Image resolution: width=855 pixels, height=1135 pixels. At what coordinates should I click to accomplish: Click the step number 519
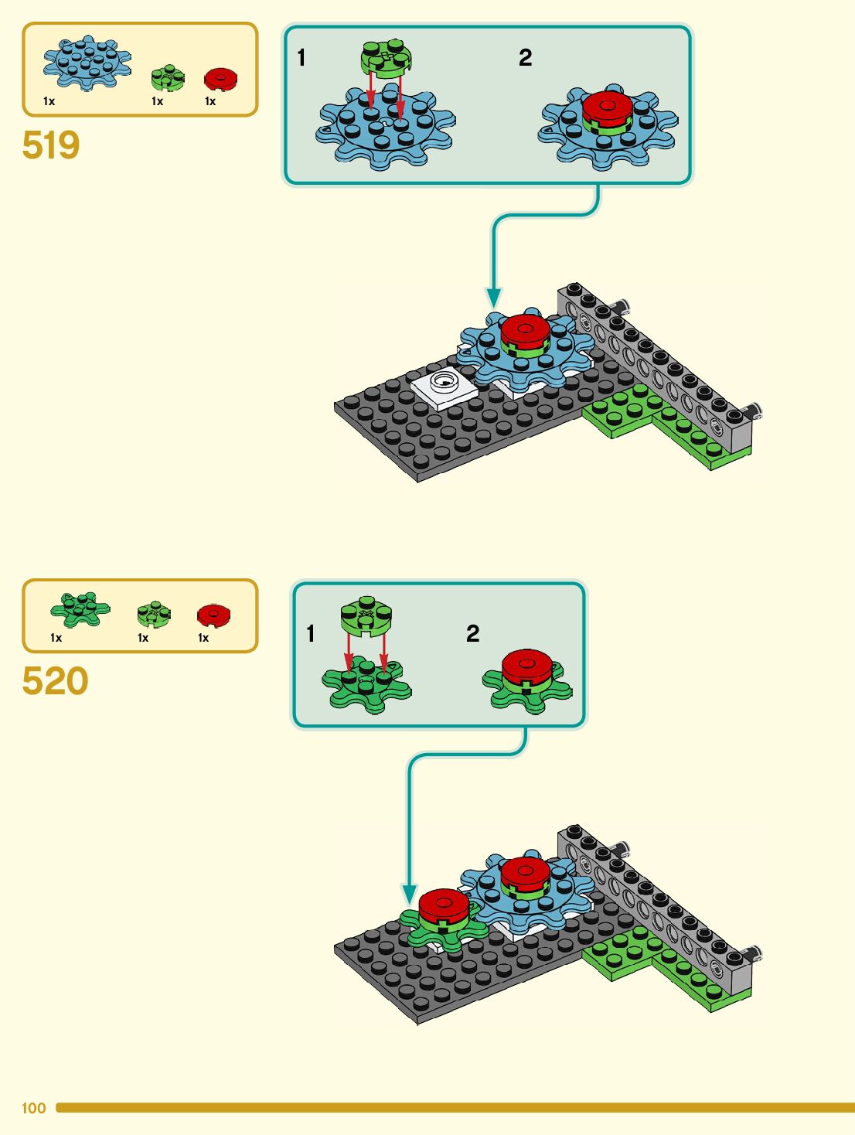51,145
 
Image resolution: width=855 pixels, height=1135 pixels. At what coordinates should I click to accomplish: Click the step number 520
55,681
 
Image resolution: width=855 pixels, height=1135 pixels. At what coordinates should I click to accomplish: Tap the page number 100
33,1108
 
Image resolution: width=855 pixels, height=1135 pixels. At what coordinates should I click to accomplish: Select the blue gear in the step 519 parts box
87,62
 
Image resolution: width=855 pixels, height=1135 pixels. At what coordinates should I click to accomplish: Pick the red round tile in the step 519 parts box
220,78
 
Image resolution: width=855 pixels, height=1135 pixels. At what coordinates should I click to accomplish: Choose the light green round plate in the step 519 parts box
167,77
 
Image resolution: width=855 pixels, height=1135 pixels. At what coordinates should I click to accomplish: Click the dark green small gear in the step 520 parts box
80,609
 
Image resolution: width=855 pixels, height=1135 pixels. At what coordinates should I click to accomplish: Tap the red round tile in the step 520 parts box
213,615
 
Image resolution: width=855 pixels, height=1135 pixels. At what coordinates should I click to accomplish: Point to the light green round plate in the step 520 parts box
154,615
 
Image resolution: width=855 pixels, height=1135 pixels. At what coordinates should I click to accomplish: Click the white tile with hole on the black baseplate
444,386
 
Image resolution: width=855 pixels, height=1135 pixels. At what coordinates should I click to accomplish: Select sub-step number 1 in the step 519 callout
301,58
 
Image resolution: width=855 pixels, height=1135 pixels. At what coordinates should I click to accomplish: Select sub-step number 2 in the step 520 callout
472,634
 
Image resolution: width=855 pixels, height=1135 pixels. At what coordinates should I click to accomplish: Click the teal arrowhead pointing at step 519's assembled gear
493,298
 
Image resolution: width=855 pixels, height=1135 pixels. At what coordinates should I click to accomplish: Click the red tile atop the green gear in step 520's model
443,905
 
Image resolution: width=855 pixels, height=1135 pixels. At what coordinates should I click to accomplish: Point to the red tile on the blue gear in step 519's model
525,330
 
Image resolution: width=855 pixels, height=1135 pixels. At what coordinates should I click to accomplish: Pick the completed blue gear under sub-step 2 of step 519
608,128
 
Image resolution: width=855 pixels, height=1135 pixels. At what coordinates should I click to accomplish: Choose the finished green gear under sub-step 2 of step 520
527,680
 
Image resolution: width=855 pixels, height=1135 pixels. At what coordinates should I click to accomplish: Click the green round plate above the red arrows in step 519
386,56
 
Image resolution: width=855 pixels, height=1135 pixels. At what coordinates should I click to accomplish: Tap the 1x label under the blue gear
49,101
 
